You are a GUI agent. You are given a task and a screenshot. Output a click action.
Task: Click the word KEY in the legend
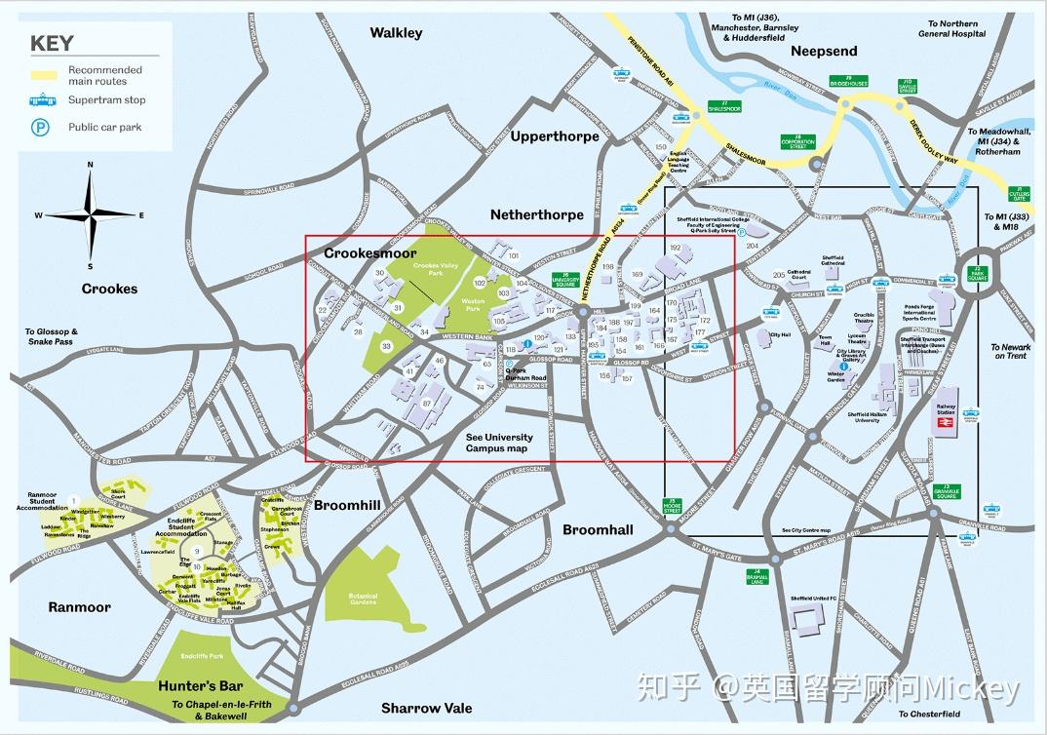pos(52,43)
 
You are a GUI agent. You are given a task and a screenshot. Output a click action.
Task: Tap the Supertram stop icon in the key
pos(42,100)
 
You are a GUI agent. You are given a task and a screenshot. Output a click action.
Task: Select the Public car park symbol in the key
pos(42,127)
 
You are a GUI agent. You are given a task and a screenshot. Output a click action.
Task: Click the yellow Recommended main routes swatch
pos(44,75)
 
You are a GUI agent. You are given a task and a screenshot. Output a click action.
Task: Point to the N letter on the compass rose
pos(90,165)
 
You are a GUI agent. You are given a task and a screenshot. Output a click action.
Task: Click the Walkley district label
pos(396,33)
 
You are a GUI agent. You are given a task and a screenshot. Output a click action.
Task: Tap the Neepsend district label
pos(824,51)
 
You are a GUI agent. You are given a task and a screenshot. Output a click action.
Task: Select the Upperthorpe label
pos(555,136)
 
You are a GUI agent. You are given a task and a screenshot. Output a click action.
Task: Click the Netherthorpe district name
pos(537,214)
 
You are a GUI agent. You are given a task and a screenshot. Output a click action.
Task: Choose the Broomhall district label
pos(598,529)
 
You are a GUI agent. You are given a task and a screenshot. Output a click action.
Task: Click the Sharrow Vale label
pos(426,708)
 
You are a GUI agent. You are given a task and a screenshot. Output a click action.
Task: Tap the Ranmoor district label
pos(80,606)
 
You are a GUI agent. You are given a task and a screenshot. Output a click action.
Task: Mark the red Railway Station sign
pos(971,412)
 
